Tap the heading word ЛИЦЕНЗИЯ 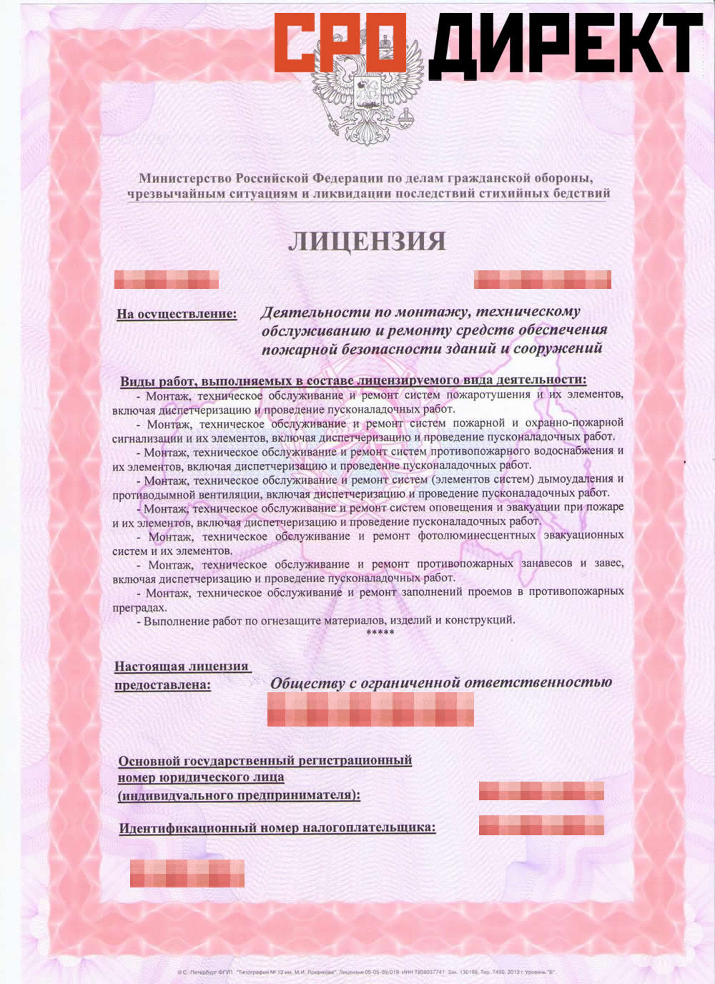pyautogui.click(x=367, y=242)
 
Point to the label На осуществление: pyautogui.click(x=177, y=313)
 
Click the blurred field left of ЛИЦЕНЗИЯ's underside pyautogui.click(x=167, y=279)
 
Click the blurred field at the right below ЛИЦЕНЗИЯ pyautogui.click(x=542, y=279)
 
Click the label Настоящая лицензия pyautogui.click(x=182, y=666)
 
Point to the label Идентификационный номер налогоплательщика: pyautogui.click(x=277, y=828)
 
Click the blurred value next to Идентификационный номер pyautogui.click(x=541, y=825)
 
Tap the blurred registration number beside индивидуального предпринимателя pyautogui.click(x=541, y=790)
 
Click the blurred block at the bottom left pyautogui.click(x=187, y=873)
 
